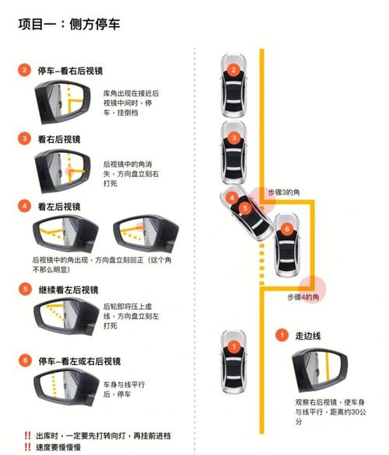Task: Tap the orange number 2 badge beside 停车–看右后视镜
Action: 25,70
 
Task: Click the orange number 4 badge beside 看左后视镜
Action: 25,207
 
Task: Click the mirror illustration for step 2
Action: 65,102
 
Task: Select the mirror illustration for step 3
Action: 65,170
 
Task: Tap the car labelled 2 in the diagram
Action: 233,78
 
